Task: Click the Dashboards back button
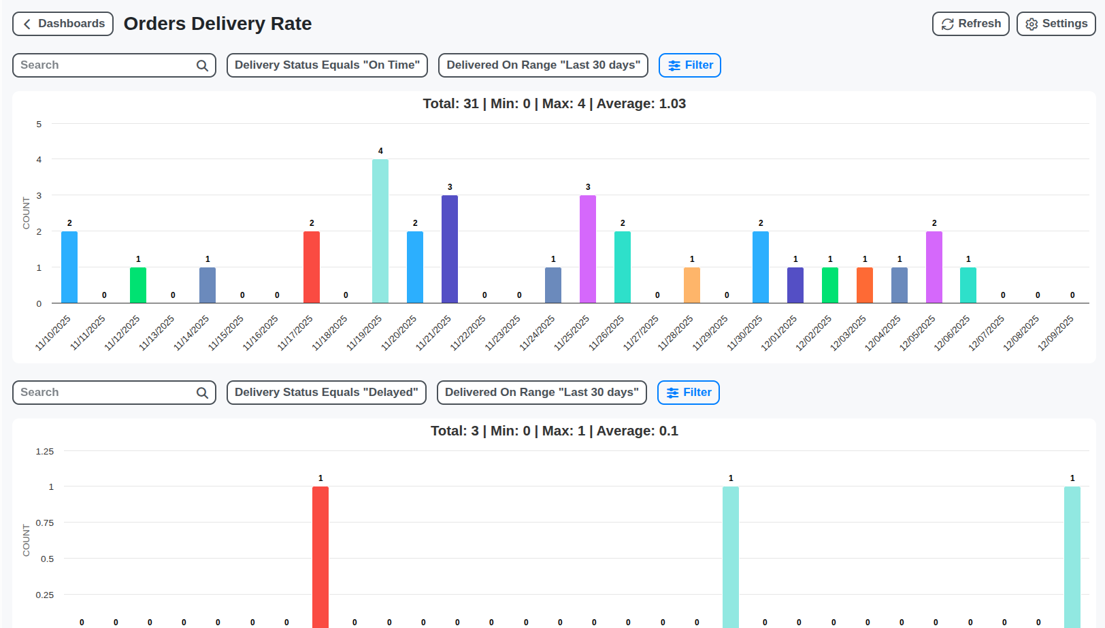pos(63,24)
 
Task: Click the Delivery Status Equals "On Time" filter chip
pos(327,65)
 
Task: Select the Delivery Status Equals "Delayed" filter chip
pos(326,393)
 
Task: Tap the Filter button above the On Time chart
pos(689,65)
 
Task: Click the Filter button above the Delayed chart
pos(688,393)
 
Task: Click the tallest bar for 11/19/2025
pos(380,231)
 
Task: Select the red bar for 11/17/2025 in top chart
pos(312,267)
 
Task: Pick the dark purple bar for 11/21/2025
pos(450,249)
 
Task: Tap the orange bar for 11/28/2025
pos(692,285)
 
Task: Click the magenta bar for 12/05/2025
pos(934,267)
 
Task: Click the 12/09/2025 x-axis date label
pos(1056,333)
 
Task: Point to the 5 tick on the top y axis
pos(39,124)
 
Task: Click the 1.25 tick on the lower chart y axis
pos(45,451)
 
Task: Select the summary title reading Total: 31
pos(554,104)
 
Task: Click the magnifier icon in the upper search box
pos(202,65)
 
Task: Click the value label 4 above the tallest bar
pos(380,151)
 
